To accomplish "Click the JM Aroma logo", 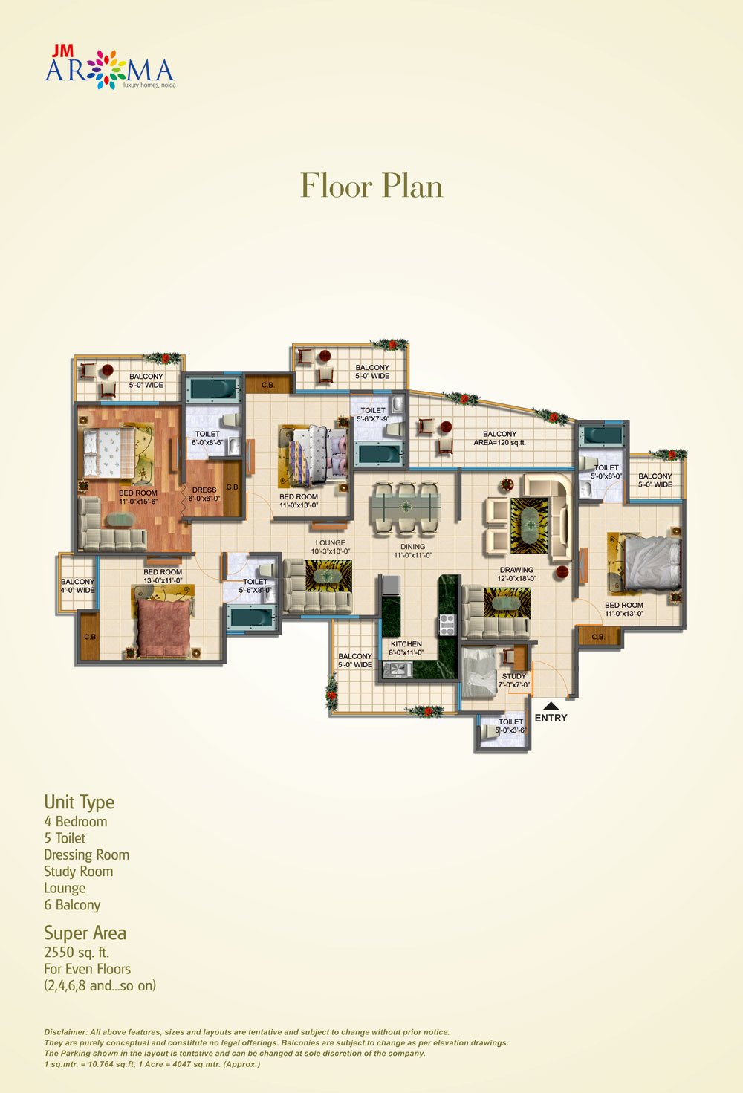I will click(109, 68).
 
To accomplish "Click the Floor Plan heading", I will click(371, 186).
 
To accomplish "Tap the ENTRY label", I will click(551, 718).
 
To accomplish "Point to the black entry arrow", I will click(551, 706).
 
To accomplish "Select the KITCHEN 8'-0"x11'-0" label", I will click(406, 649).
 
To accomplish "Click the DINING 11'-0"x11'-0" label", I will click(412, 551).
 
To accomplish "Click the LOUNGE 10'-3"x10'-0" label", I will click(331, 547).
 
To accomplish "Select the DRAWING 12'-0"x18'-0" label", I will click(516, 574).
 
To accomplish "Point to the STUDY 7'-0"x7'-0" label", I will click(513, 681).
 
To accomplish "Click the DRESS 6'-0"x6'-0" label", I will click(204, 494).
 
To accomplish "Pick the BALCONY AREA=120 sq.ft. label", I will click(499, 438).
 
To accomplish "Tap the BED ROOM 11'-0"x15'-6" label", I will click(138, 497).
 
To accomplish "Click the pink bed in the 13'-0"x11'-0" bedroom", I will click(164, 628).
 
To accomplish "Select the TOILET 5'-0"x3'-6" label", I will click(510, 726).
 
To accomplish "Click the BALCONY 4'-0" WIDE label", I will click(77, 586).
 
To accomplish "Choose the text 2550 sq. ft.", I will click(77, 953).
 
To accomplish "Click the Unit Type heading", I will click(79, 802).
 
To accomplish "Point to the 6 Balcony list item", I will click(72, 905).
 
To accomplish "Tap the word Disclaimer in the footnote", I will click(65, 1032).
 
